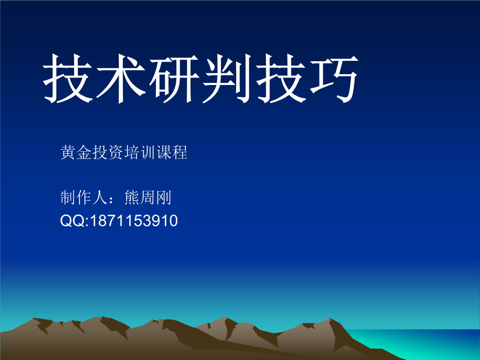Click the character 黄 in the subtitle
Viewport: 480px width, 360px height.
(68, 152)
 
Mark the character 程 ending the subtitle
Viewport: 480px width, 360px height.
(180, 152)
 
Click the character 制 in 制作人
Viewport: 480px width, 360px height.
(68, 197)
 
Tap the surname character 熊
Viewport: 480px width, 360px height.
(132, 197)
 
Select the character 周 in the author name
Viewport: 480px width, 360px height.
(148, 197)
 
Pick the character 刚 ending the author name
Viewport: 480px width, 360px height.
(164, 197)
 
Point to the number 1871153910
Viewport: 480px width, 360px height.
(134, 220)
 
